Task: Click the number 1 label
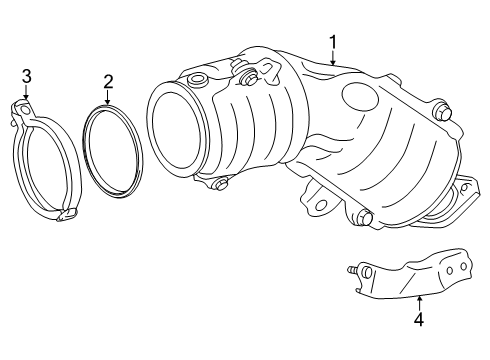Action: click(x=334, y=42)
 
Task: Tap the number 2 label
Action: click(x=108, y=81)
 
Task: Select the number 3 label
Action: click(x=27, y=75)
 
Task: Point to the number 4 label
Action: click(x=419, y=320)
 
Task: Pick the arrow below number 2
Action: click(x=108, y=98)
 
